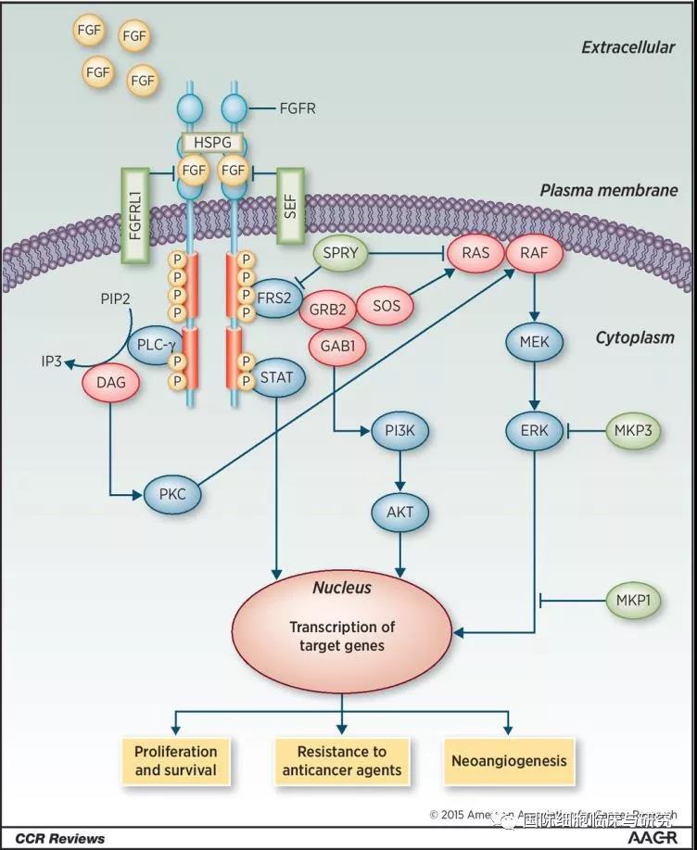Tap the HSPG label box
point(213,142)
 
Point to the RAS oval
point(474,252)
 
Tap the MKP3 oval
point(633,430)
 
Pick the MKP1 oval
point(634,601)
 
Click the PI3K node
point(399,430)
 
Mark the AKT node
point(399,510)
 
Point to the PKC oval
point(172,494)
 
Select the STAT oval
point(277,377)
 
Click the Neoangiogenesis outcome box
point(508,760)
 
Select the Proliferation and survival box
point(176,760)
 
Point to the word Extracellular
point(627,47)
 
